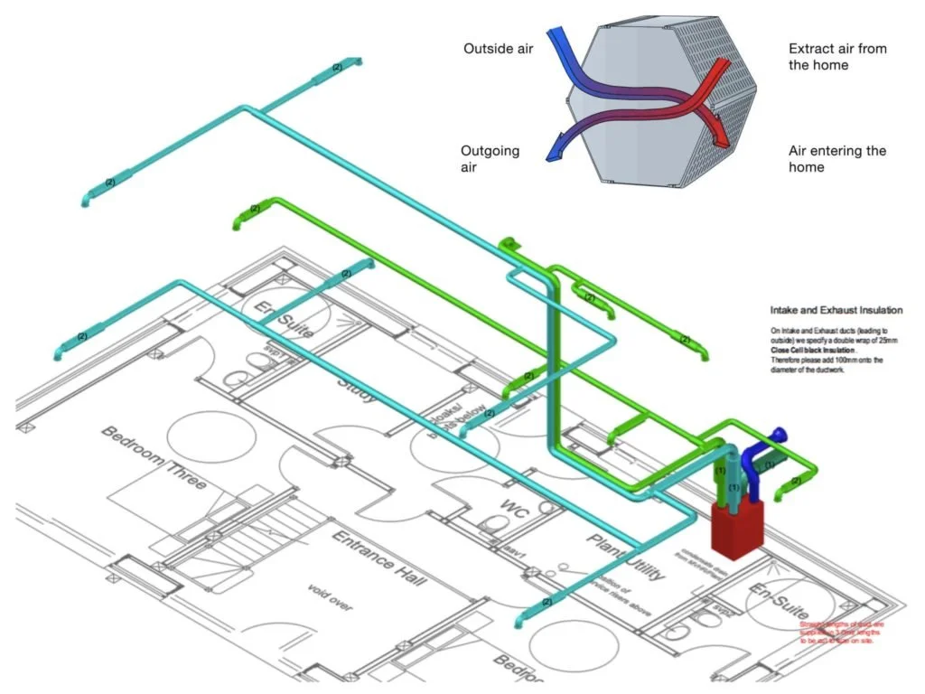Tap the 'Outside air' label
[498, 48]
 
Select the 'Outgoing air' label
[490, 159]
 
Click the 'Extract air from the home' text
[836, 56]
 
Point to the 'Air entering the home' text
[837, 159]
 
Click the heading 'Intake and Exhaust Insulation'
[836, 311]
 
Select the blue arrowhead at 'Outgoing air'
[553, 153]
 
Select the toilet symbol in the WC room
[493, 523]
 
